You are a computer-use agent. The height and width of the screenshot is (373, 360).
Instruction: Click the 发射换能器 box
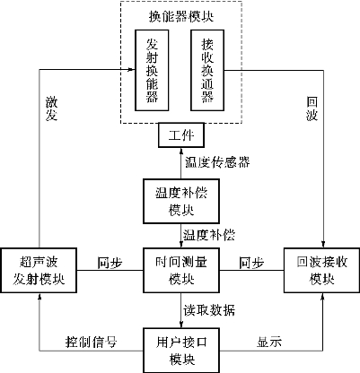click(x=152, y=70)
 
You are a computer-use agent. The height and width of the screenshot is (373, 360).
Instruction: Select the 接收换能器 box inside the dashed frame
click(x=207, y=70)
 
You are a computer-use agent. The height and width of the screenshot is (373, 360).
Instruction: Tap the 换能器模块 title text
click(x=181, y=16)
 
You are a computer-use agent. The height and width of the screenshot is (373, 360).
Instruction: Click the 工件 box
click(x=181, y=135)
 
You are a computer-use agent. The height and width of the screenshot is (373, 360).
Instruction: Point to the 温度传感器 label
click(x=217, y=162)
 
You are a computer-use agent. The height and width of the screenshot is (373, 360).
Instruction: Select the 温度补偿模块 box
click(x=181, y=201)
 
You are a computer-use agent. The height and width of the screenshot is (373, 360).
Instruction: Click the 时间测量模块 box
click(x=181, y=270)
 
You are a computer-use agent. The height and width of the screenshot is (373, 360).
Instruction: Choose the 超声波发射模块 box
click(x=39, y=270)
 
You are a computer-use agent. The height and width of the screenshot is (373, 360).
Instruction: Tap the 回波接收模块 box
click(x=321, y=270)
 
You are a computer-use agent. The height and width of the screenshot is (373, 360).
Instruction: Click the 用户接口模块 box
click(x=181, y=351)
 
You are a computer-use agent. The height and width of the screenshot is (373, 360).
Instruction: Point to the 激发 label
click(x=51, y=108)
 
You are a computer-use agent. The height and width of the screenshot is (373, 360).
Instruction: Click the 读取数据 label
click(x=209, y=310)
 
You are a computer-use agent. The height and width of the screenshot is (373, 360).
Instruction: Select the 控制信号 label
click(x=91, y=342)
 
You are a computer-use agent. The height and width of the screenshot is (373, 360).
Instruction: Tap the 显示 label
click(x=269, y=342)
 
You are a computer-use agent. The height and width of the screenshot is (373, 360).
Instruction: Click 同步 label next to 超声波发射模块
click(x=110, y=263)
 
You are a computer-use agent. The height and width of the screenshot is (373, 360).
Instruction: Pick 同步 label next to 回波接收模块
click(x=251, y=263)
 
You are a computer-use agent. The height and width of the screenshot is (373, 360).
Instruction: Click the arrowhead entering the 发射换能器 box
click(x=132, y=70)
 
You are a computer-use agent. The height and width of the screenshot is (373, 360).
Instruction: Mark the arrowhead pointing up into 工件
click(x=181, y=151)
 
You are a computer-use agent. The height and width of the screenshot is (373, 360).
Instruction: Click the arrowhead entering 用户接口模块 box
click(x=181, y=325)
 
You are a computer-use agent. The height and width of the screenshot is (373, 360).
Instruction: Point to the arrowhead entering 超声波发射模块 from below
click(x=39, y=296)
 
